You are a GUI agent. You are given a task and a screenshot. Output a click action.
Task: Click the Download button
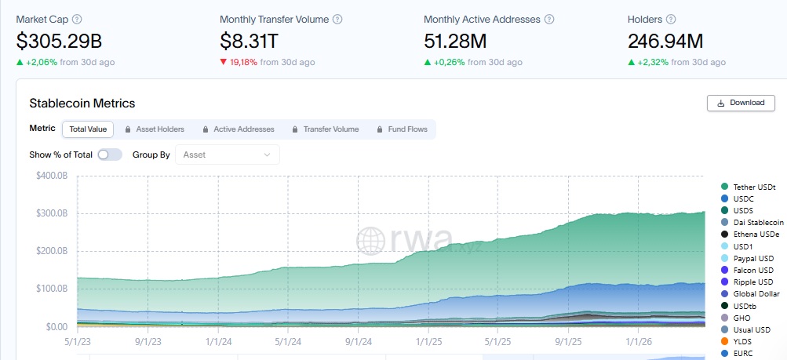tap(741, 103)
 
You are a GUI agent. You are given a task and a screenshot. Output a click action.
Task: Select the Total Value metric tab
tap(88, 129)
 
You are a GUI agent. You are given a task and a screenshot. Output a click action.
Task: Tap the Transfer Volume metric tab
tap(325, 129)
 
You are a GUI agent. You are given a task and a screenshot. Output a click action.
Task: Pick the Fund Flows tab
tap(402, 129)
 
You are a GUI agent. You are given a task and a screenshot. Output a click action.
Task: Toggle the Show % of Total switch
tap(110, 155)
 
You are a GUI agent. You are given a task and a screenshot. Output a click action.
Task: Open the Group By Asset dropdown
tap(227, 155)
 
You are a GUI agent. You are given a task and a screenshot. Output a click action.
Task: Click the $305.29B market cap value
tap(59, 41)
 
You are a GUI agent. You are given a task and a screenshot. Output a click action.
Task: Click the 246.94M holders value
tap(665, 41)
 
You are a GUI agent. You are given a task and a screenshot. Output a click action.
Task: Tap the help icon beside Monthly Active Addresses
tap(549, 19)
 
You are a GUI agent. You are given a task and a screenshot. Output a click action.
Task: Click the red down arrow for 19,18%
tap(224, 62)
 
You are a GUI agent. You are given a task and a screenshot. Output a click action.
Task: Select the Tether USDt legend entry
tap(754, 187)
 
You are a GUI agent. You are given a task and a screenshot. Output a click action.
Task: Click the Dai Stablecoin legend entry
tap(758, 223)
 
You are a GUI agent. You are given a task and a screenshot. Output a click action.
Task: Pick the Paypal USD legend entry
tap(753, 258)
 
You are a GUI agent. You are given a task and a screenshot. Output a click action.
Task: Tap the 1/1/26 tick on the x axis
tap(638, 342)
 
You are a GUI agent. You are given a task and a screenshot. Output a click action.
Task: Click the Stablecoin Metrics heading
tap(82, 103)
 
